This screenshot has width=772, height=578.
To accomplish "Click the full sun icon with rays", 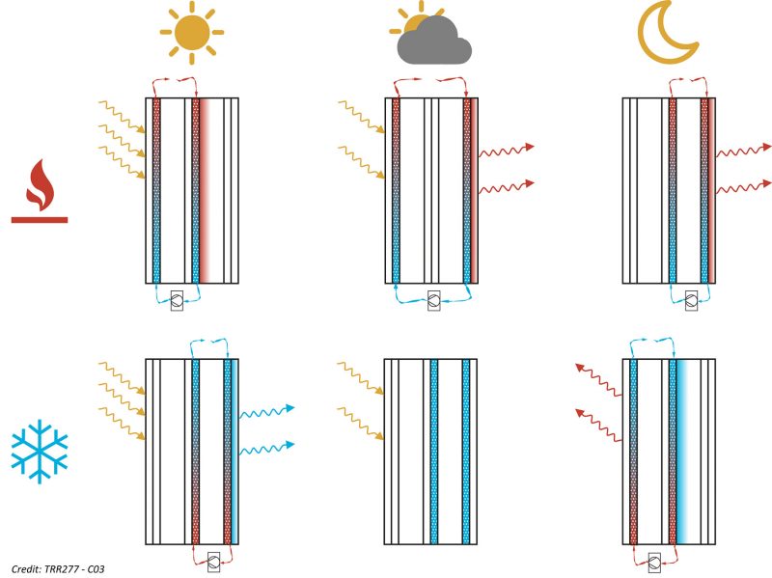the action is tap(191, 33).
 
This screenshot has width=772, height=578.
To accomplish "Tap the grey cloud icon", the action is tap(434, 41).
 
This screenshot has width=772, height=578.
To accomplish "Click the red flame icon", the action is tap(40, 184).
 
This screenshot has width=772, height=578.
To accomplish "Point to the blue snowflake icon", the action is tap(40, 451).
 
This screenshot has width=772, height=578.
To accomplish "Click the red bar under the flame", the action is tap(40, 220).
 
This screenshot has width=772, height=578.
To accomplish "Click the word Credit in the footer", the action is tap(26, 569).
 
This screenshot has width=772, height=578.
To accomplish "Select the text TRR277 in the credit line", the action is tap(61, 569).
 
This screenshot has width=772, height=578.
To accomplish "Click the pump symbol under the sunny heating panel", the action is tap(177, 300).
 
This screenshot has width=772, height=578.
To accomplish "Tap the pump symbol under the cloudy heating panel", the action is tap(433, 300).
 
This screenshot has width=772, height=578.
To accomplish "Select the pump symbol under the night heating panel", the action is tap(691, 300).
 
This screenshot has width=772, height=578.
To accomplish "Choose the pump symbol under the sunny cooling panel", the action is tap(213, 562).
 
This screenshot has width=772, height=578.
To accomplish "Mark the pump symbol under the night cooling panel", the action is tap(654, 562).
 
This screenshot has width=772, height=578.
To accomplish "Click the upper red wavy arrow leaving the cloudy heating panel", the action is tap(506, 150).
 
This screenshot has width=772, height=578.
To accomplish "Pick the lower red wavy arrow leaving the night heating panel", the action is tap(743, 187).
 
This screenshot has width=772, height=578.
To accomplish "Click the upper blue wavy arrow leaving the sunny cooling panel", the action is tap(267, 411).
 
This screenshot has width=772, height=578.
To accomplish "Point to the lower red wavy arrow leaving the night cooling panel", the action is tap(598, 425).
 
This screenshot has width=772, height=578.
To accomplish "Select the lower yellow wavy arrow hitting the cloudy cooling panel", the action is tap(360, 423).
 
